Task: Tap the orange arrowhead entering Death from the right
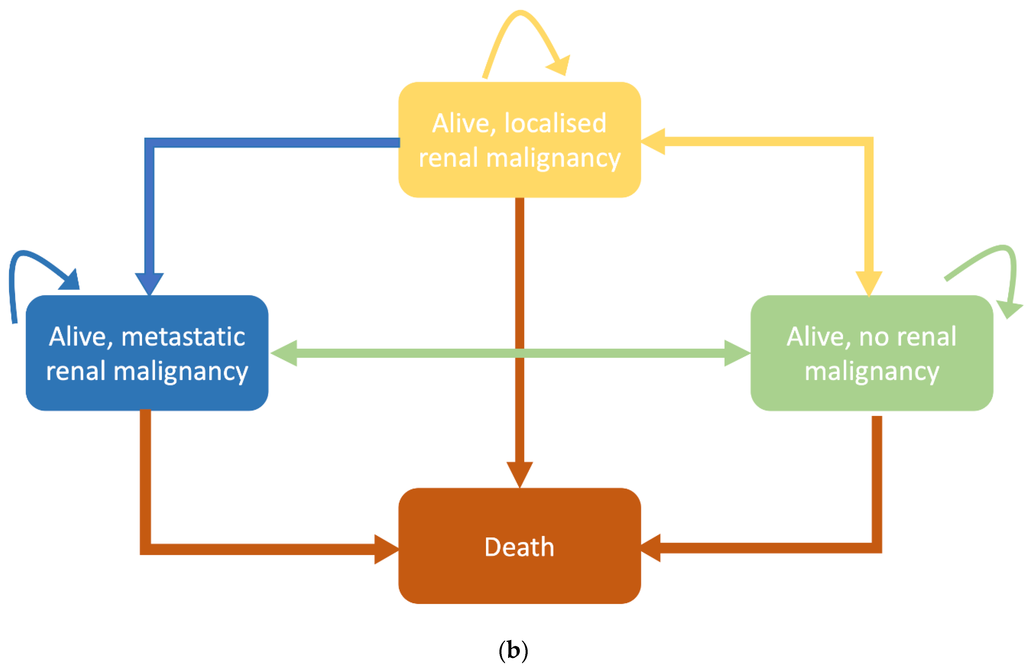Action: coord(652,548)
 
